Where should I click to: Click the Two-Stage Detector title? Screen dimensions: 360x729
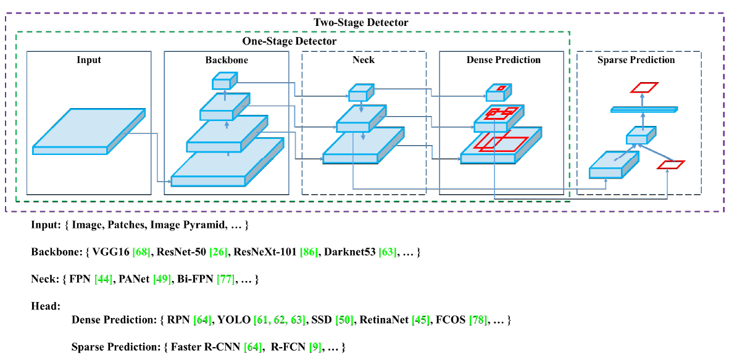coord(360,22)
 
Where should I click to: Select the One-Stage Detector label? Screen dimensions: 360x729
coord(289,41)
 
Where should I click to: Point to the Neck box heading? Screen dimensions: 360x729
coord(363,60)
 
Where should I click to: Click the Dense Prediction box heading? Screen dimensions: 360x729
coord(503,60)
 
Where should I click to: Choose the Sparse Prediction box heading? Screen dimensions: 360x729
coord(636,60)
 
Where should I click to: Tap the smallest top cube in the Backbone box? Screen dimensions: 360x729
coord(224,81)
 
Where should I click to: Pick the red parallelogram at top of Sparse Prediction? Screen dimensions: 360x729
coord(644,87)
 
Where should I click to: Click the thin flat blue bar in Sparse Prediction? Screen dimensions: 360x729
coord(643,109)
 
